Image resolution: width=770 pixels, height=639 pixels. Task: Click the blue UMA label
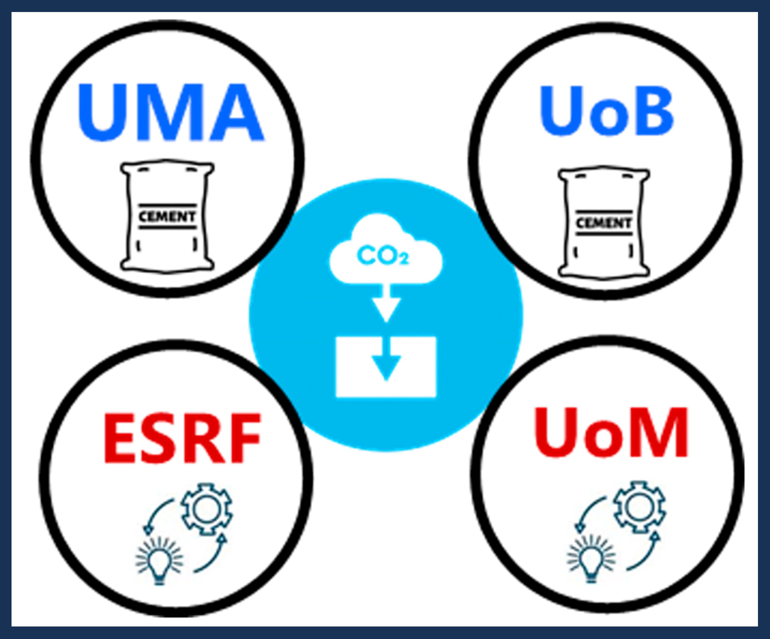coord(171,112)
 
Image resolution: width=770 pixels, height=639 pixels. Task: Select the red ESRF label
coord(182,438)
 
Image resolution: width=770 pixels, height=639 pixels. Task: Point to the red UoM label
coord(611,434)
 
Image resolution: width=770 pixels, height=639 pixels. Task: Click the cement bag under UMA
coord(167,216)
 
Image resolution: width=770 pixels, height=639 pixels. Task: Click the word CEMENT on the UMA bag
coord(167,217)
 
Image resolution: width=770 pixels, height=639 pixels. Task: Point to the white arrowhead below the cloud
coord(386,309)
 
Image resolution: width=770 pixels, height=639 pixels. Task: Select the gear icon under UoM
coord(639,507)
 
